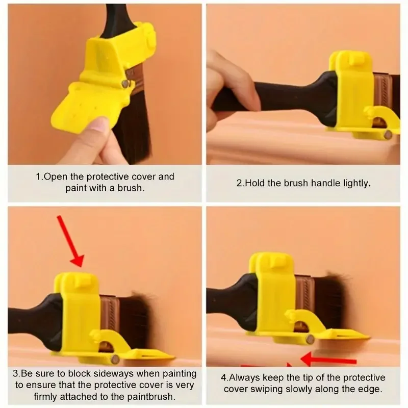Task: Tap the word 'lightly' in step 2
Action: click(354, 183)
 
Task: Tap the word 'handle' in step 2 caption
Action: click(321, 183)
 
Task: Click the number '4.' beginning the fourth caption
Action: click(224, 378)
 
